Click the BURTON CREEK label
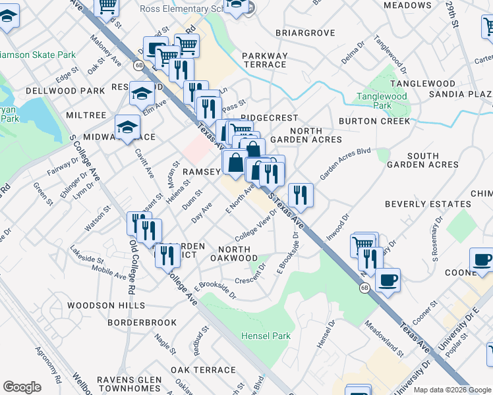[x=374, y=121]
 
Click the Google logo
[x=22, y=386]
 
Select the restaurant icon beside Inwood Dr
[x=301, y=194]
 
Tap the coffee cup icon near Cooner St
[x=388, y=279]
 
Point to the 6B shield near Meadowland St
[x=364, y=288]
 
